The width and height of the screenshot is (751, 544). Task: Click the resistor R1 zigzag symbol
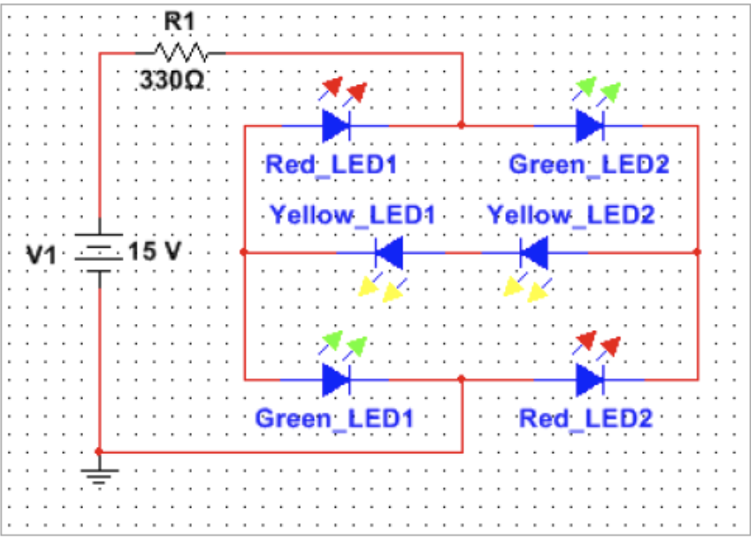click(x=181, y=52)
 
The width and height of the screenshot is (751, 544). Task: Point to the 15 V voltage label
click(x=156, y=252)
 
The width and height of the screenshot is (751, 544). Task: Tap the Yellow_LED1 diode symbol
click(x=388, y=253)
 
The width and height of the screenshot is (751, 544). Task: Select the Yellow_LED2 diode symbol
click(x=533, y=253)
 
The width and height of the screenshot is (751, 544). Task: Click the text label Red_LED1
click(x=331, y=164)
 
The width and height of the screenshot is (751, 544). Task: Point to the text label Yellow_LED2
click(x=570, y=213)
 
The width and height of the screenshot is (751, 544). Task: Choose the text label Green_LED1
click(x=334, y=418)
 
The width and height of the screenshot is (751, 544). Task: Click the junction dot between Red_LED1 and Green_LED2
click(x=462, y=126)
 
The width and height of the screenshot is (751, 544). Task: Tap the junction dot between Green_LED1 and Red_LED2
click(x=462, y=379)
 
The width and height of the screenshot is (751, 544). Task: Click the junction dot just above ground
click(x=99, y=451)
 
